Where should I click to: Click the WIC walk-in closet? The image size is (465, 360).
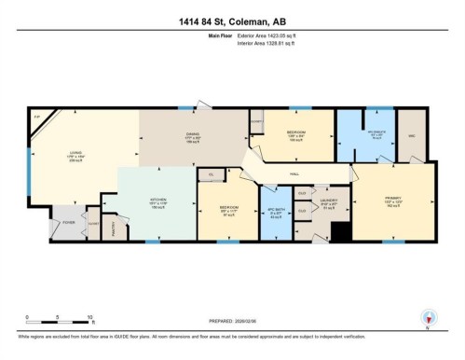click(412, 133)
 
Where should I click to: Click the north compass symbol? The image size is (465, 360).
click(428, 316)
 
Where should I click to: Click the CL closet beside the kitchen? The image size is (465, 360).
click(212, 173)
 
